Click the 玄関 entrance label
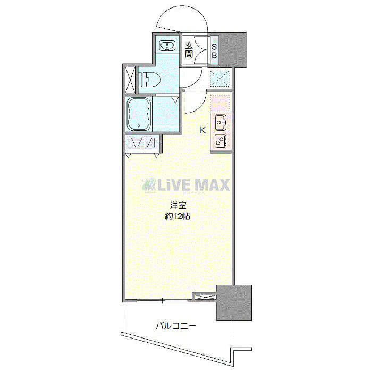coord(189,50)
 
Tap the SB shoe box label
coord(214,50)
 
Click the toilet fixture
coord(148,80)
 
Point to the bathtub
coord(140,114)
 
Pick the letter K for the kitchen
coord(202,129)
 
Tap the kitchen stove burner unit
coord(220,141)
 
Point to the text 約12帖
coord(177,216)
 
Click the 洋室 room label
coord(177,206)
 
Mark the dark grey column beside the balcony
coord(233,303)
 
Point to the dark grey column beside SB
coord(233,50)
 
